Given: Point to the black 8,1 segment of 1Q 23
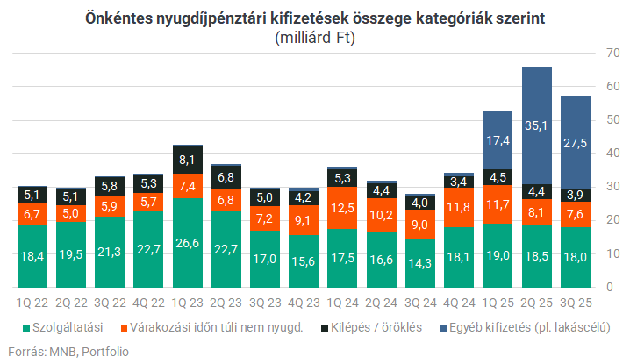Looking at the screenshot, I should point(187,160).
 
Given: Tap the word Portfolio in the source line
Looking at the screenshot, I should point(104,352).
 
